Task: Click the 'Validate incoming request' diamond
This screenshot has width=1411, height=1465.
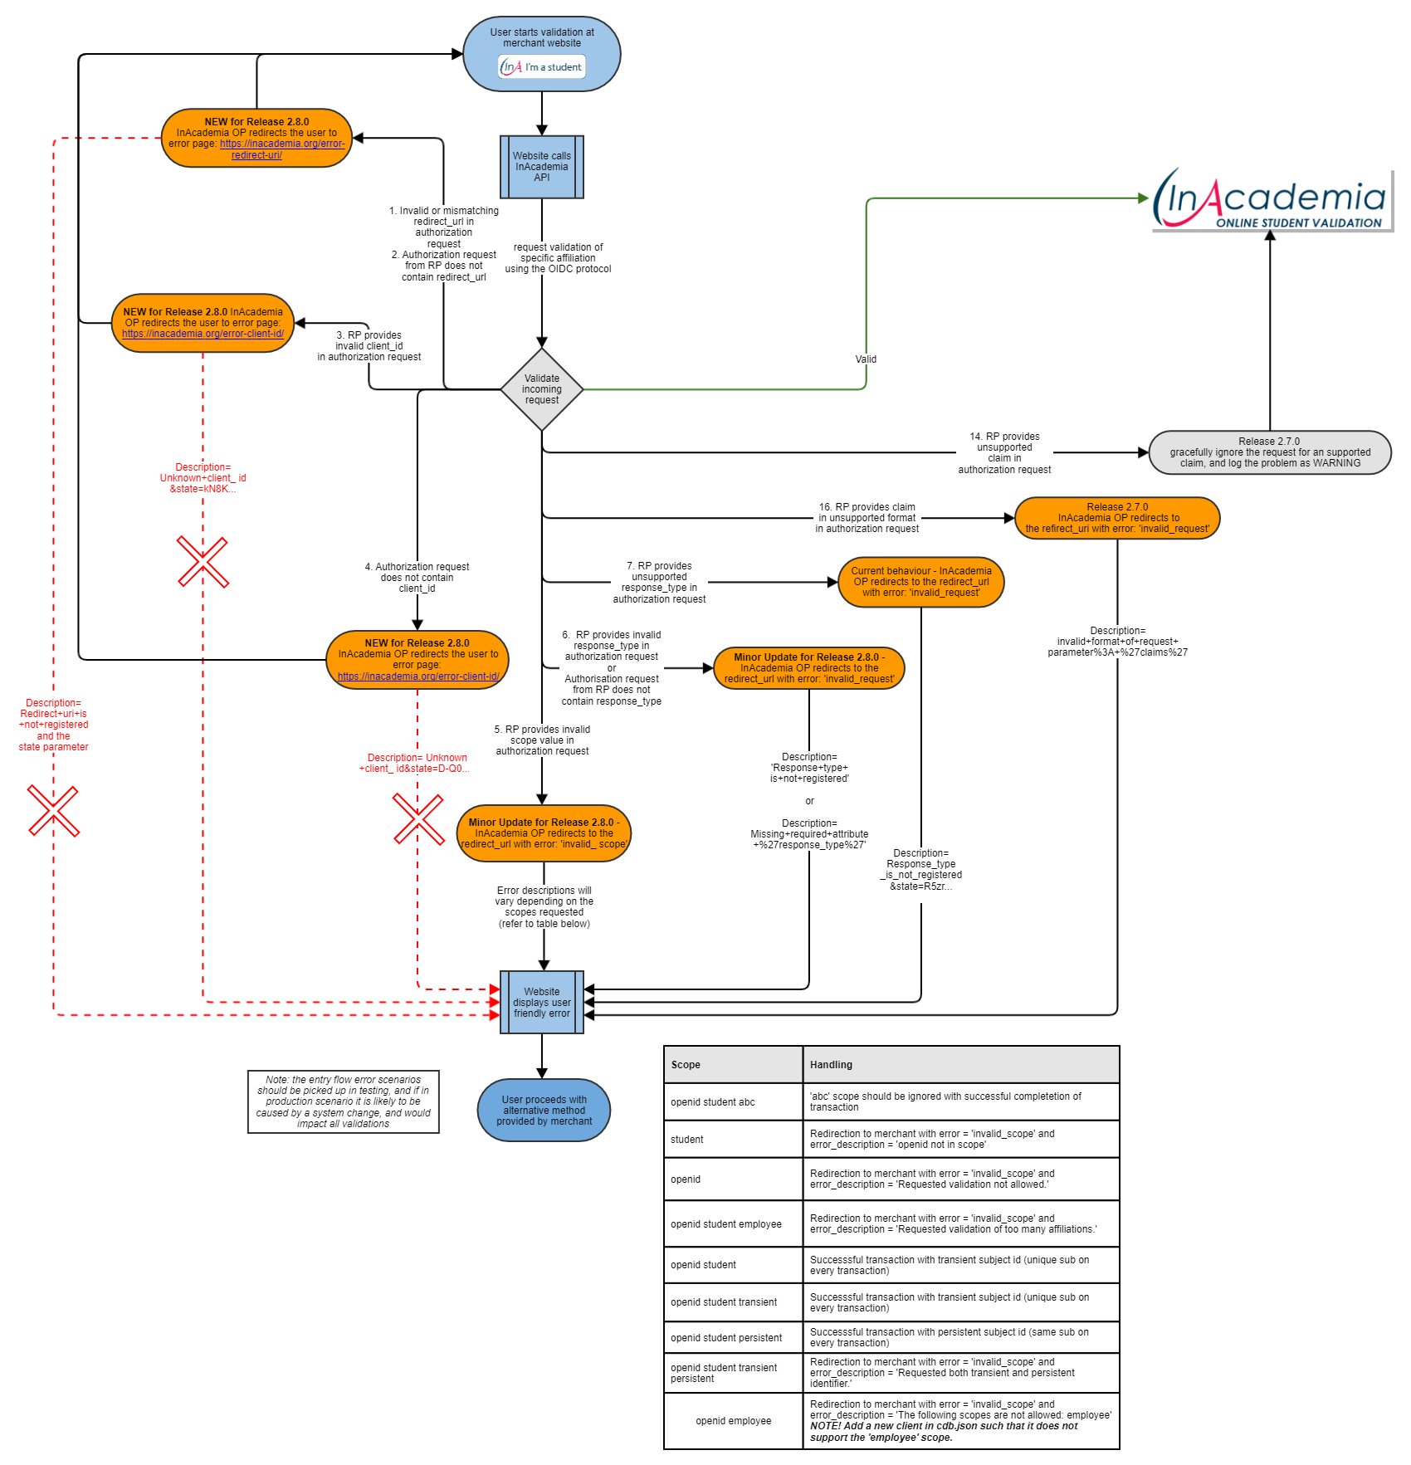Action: pyautogui.click(x=541, y=389)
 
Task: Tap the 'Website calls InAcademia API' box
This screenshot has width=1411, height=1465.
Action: pyautogui.click(x=541, y=167)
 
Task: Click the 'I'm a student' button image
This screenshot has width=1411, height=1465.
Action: pyautogui.click(x=542, y=67)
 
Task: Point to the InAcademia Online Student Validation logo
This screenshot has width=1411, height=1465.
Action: pyautogui.click(x=1271, y=200)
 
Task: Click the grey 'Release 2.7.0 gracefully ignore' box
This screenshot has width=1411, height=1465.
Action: pyautogui.click(x=1269, y=452)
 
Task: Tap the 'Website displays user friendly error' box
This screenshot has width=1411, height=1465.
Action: pyautogui.click(x=541, y=1002)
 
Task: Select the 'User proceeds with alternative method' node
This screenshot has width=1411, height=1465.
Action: pyautogui.click(x=544, y=1110)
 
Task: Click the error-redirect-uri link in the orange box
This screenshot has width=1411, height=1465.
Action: pyautogui.click(x=281, y=149)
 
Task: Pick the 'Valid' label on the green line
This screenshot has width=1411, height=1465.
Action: pyautogui.click(x=866, y=359)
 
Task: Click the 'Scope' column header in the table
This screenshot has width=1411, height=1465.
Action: pyautogui.click(x=686, y=1065)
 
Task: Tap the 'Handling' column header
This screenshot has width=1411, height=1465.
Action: pyautogui.click(x=831, y=1065)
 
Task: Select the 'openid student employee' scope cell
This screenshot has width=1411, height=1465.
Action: pyautogui.click(x=726, y=1224)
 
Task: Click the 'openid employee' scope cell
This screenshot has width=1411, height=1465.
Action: pyautogui.click(x=734, y=1421)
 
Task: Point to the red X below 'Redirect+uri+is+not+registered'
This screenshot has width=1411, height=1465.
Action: pyautogui.click(x=53, y=811)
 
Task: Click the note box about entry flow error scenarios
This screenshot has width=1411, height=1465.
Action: pyautogui.click(x=343, y=1102)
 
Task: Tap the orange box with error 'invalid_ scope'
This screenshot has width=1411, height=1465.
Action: pyautogui.click(x=544, y=833)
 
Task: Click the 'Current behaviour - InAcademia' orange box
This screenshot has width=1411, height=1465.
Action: pyautogui.click(x=920, y=582)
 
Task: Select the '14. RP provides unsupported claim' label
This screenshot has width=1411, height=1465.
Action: pyautogui.click(x=1004, y=453)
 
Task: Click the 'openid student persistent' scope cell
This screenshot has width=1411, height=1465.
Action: pyautogui.click(x=726, y=1338)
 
